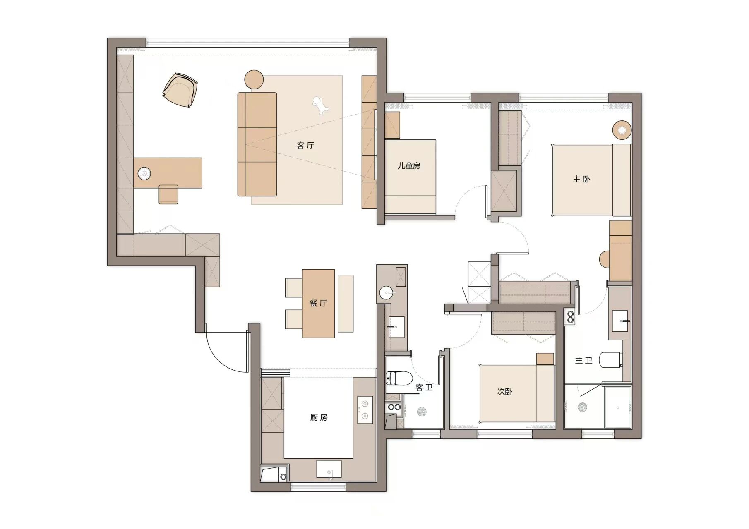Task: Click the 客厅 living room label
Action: pos(306,146)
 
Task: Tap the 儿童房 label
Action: pos(409,166)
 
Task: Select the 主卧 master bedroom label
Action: pos(581,179)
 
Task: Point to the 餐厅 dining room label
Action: pos(318,303)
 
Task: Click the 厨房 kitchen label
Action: pos(319,418)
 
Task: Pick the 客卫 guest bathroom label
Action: pos(424,388)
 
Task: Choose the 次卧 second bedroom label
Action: pos(505,391)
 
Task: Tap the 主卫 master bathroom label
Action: pos(583,361)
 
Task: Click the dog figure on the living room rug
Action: pos(320,105)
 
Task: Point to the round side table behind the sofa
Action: pos(254,79)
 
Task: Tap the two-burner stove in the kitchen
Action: pos(365,410)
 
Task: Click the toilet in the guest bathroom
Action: pos(399,378)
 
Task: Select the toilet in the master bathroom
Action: pos(611,359)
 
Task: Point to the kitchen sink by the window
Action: pos(329,469)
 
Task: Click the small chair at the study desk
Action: pos(168,194)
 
